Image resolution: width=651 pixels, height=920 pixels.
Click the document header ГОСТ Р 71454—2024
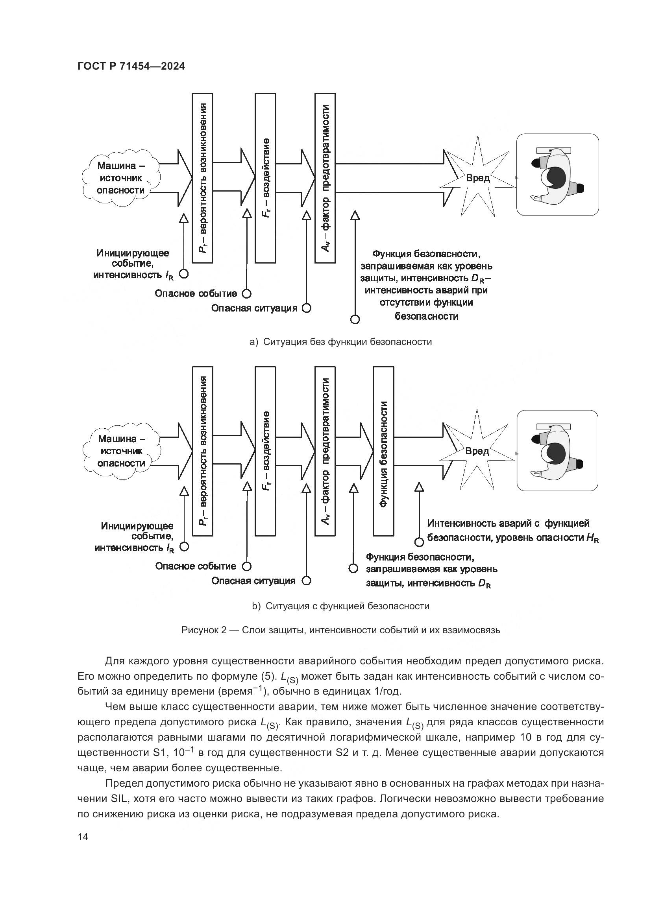pos(131,66)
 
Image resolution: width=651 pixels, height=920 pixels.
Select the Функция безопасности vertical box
pos(384,451)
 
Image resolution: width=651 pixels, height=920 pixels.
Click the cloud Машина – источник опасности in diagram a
pos(121,178)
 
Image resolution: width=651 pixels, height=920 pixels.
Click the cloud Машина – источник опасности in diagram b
pos(122,451)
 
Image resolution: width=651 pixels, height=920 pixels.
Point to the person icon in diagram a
pos(557,175)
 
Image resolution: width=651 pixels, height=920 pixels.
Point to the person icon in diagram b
pos(557,450)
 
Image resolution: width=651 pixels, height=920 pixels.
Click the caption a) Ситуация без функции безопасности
pos(340,342)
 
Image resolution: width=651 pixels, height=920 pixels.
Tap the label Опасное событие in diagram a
pos(196,294)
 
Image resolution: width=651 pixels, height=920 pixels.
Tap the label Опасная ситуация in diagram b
pos(253,581)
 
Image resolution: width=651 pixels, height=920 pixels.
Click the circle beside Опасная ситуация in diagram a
pos(307,308)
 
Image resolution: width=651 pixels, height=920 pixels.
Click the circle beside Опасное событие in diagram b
pos(247,566)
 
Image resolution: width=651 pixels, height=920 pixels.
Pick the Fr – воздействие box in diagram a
pos(265,178)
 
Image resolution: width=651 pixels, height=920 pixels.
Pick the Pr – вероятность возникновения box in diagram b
pos(203,451)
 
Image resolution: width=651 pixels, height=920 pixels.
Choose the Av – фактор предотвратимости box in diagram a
pos(325,178)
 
